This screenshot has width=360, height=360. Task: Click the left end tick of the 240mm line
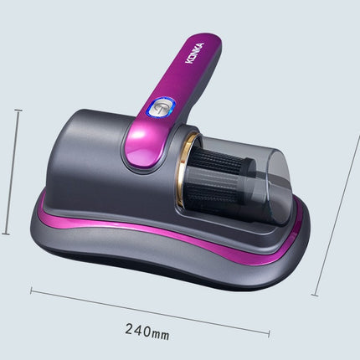(x=32, y=291)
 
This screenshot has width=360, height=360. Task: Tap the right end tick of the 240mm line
(x=268, y=333)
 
